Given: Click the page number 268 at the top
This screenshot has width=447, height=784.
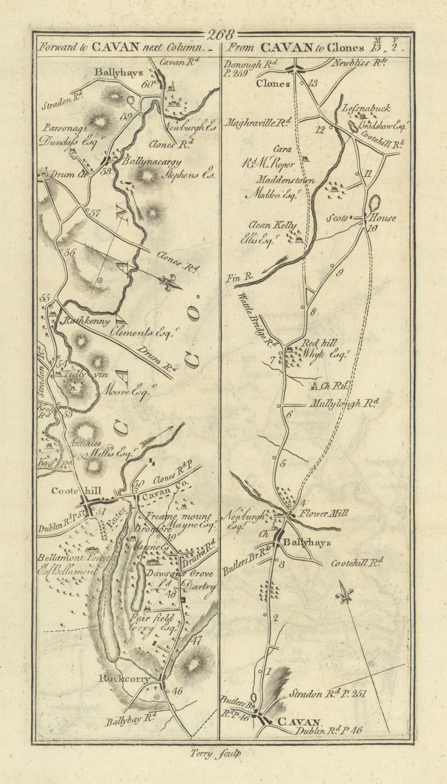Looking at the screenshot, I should pyautogui.click(x=222, y=35).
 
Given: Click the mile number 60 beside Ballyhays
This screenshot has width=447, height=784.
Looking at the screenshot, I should pyautogui.click(x=146, y=84).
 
